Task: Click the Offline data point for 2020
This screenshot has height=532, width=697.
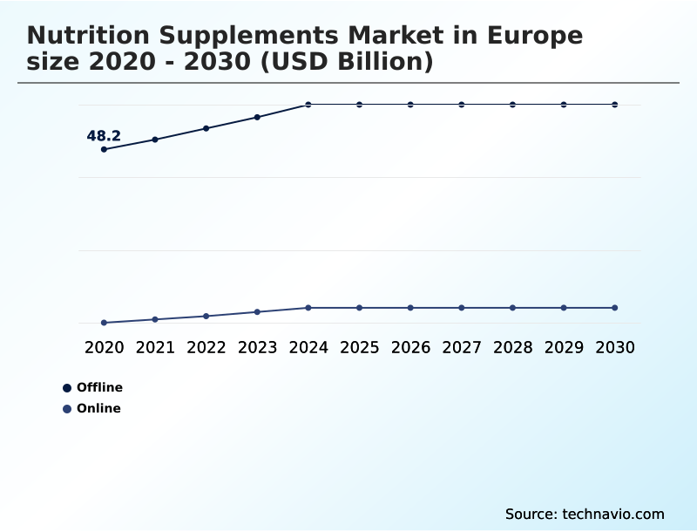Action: click(x=105, y=149)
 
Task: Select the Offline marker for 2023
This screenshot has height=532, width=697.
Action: click(x=257, y=117)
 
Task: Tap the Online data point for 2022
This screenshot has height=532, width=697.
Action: click(x=206, y=316)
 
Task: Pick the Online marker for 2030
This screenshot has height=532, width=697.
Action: click(x=614, y=308)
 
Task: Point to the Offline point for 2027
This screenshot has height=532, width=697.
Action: click(x=462, y=105)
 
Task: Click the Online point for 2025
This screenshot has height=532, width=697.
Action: click(x=359, y=308)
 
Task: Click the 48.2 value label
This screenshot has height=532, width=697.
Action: click(x=104, y=136)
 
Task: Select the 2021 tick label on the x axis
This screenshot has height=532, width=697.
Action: click(x=155, y=347)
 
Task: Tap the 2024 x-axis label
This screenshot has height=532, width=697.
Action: click(x=308, y=347)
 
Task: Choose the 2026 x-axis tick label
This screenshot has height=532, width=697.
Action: click(x=410, y=347)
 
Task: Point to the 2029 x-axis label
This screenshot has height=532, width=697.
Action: click(x=564, y=347)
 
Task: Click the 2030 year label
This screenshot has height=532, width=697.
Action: click(x=614, y=347)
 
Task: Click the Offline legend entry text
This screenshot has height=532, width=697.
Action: click(x=99, y=387)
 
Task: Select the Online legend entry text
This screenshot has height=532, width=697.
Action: click(x=98, y=408)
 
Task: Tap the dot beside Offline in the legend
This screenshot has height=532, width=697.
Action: click(x=67, y=388)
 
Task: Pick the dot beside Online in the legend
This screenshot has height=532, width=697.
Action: click(x=67, y=409)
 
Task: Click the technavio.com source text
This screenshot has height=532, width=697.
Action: click(x=613, y=514)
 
